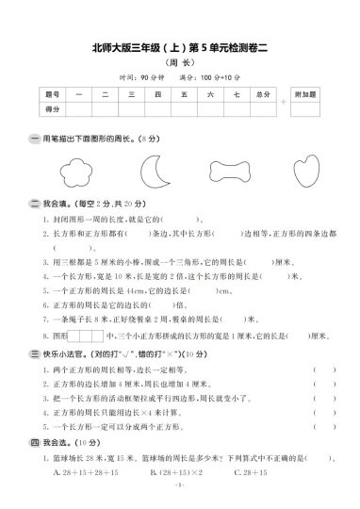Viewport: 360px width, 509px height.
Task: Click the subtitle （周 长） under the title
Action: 180,62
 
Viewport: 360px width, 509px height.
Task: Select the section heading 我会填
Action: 58,203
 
